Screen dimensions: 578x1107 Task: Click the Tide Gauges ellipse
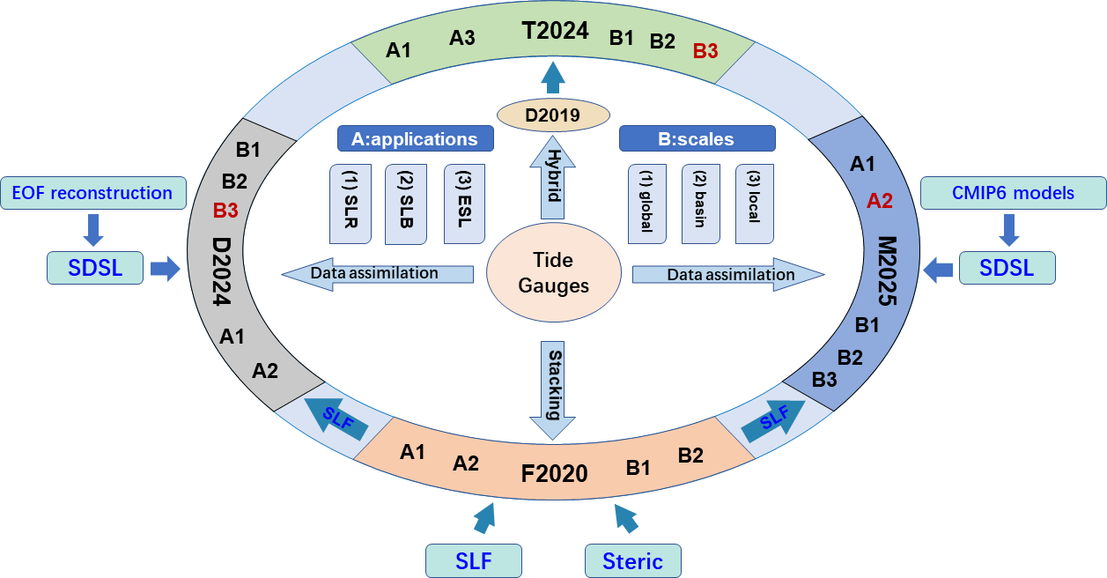554,272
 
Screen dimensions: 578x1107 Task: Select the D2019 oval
554,115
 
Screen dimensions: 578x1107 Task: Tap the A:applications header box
415,139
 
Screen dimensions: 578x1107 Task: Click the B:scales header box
697,139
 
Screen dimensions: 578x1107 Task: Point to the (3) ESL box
464,204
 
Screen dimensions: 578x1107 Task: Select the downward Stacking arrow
553,388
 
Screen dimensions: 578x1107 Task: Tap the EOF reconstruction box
93,193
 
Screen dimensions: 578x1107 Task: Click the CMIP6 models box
1014,193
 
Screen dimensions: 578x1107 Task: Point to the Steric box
633,560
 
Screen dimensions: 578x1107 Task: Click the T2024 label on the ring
555,31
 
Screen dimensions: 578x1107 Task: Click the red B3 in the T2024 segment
705,51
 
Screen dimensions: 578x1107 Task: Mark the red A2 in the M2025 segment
880,201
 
